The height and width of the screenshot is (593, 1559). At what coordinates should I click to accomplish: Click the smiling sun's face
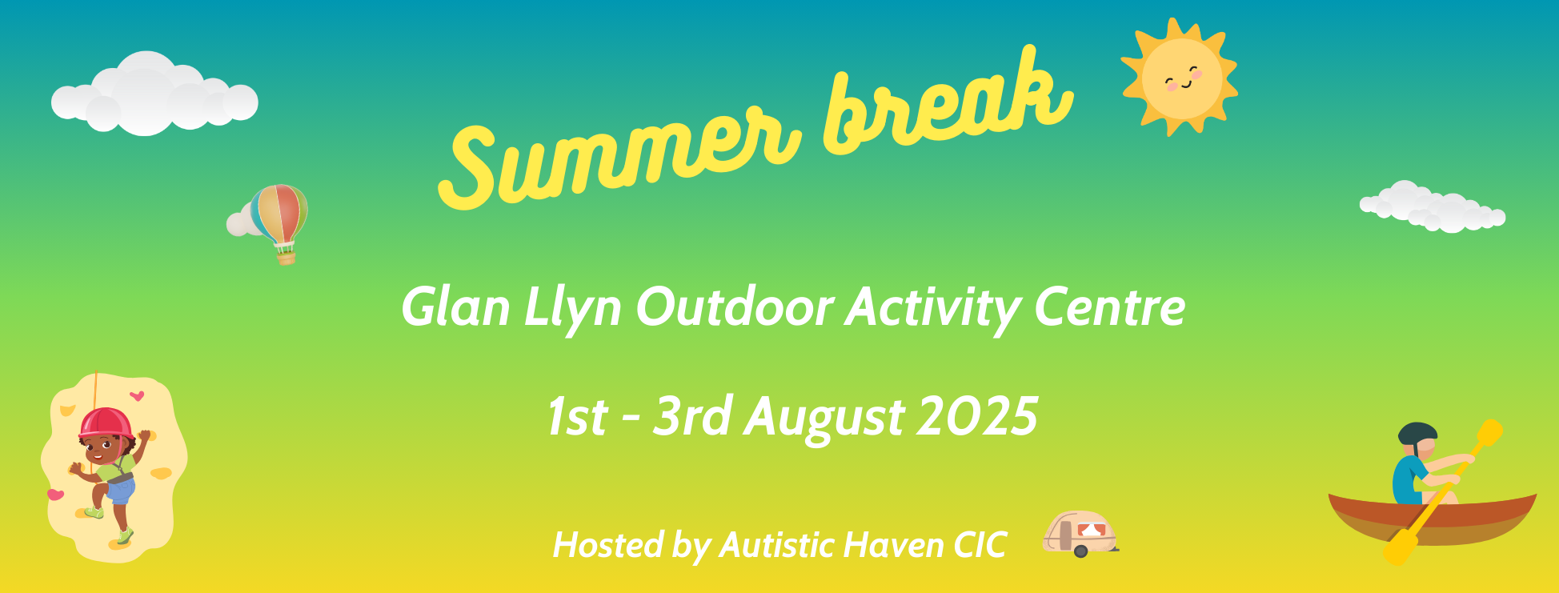tap(1181, 78)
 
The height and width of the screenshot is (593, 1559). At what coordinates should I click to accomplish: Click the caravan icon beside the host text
tap(1080, 534)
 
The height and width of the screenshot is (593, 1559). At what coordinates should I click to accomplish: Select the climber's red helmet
tap(106, 423)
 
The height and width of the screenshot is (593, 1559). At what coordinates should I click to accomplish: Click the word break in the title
tap(948, 100)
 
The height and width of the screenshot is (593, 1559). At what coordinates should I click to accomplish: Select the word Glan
tap(455, 307)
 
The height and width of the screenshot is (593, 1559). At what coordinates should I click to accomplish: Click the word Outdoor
tap(735, 307)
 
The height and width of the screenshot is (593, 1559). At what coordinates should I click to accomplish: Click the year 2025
tap(977, 416)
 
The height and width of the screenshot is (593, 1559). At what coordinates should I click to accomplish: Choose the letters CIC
tap(980, 545)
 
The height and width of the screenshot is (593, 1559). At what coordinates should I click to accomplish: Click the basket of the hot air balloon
tap(286, 257)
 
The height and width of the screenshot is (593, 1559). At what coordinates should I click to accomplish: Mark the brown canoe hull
tap(1433, 520)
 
